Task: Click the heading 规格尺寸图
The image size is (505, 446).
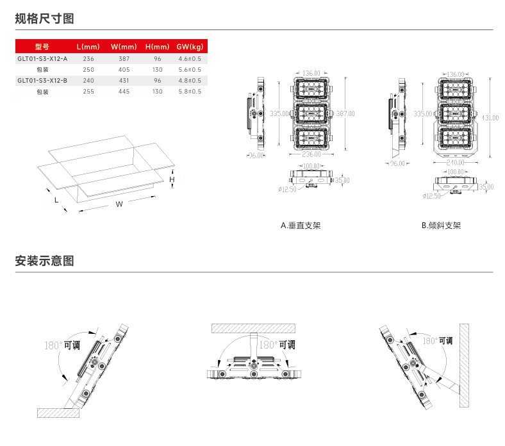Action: point(44,19)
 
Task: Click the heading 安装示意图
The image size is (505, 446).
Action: point(44,261)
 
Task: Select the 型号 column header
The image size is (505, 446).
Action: point(42,47)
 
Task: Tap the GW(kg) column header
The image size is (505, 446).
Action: point(190,47)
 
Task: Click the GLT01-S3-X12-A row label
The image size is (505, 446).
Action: point(42,58)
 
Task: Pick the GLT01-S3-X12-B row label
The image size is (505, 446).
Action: point(42,81)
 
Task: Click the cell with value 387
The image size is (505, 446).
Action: point(124,58)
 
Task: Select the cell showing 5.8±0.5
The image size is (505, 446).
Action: point(190,92)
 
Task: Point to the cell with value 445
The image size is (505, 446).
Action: point(124,92)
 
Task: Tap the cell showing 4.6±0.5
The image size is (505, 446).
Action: point(190,58)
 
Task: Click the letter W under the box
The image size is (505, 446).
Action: point(119,204)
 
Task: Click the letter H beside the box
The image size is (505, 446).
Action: point(172,181)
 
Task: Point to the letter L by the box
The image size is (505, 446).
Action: point(57,200)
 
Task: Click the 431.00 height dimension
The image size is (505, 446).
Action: point(490,118)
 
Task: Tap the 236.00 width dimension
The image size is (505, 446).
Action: point(311,154)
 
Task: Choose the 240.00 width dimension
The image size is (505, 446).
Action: point(456,162)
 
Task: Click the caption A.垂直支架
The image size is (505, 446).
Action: point(301,226)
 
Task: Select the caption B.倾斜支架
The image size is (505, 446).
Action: point(441,226)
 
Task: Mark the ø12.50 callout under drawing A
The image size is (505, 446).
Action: point(287,189)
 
